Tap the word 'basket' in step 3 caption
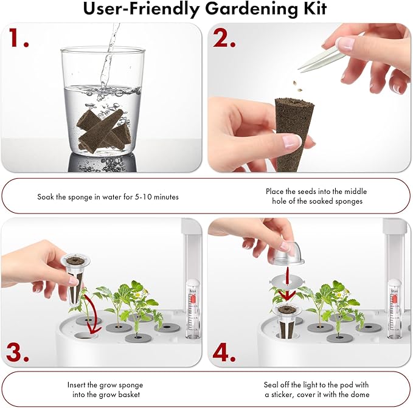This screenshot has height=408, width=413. [x=122, y=395]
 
